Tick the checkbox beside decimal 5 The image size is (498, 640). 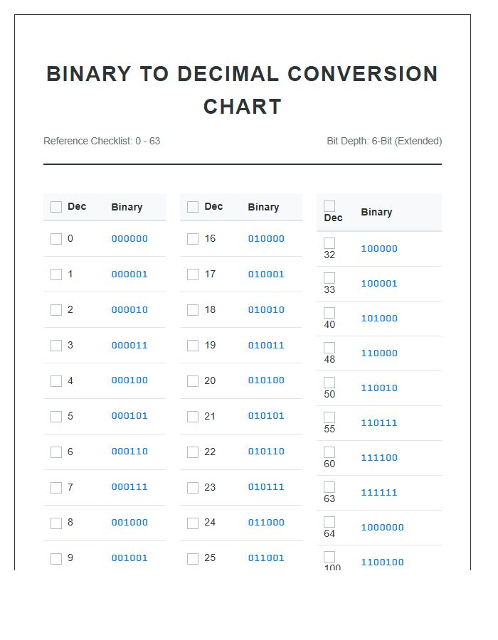[x=56, y=417]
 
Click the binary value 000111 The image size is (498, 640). [x=129, y=487]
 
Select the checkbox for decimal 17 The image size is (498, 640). [x=193, y=274]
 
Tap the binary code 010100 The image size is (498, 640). [x=266, y=380]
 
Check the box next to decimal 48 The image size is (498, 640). [x=329, y=348]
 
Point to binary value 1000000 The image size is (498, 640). [x=382, y=528]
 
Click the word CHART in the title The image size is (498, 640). [x=243, y=107]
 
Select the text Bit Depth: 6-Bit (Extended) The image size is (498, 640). [x=384, y=141]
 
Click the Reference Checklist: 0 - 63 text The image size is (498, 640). [x=102, y=141]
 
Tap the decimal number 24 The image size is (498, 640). [x=210, y=523]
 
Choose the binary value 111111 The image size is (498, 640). [x=379, y=493]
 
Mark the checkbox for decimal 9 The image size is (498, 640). [x=56, y=559]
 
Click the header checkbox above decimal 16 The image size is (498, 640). [x=193, y=207]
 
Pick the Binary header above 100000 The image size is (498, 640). [x=376, y=212]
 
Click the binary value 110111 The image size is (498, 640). [x=379, y=423]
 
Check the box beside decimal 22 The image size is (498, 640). [x=193, y=452]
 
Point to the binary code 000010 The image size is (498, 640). [x=129, y=310]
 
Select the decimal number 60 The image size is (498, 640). [x=329, y=464]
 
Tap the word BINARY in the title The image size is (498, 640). [x=88, y=74]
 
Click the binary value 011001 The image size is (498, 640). [x=266, y=558]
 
